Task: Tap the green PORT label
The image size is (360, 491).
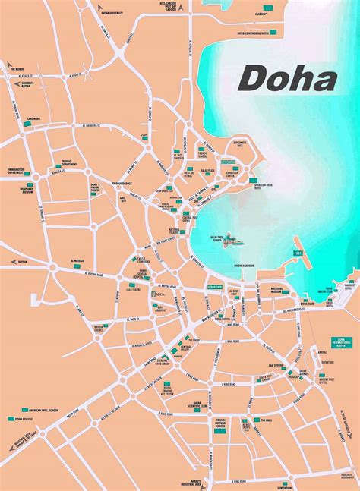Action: coord(298,253)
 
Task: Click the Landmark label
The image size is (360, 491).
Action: coord(32,118)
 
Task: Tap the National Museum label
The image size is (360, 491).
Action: coord(281,290)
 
